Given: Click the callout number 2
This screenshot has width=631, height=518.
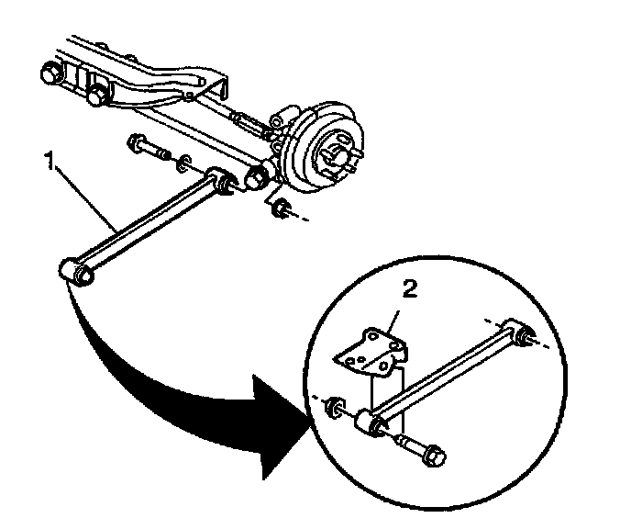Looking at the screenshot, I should pyautogui.click(x=411, y=290).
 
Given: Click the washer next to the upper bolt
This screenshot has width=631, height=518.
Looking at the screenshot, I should pyautogui.click(x=184, y=163).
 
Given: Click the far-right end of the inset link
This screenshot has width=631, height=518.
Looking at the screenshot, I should pyautogui.click(x=526, y=336).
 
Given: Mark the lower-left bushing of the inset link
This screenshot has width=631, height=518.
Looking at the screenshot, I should pyautogui.click(x=371, y=423).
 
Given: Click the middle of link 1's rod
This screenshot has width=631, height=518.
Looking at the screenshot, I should pyautogui.click(x=147, y=225).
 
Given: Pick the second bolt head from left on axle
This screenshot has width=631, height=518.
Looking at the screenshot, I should pyautogui.click(x=98, y=94).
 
